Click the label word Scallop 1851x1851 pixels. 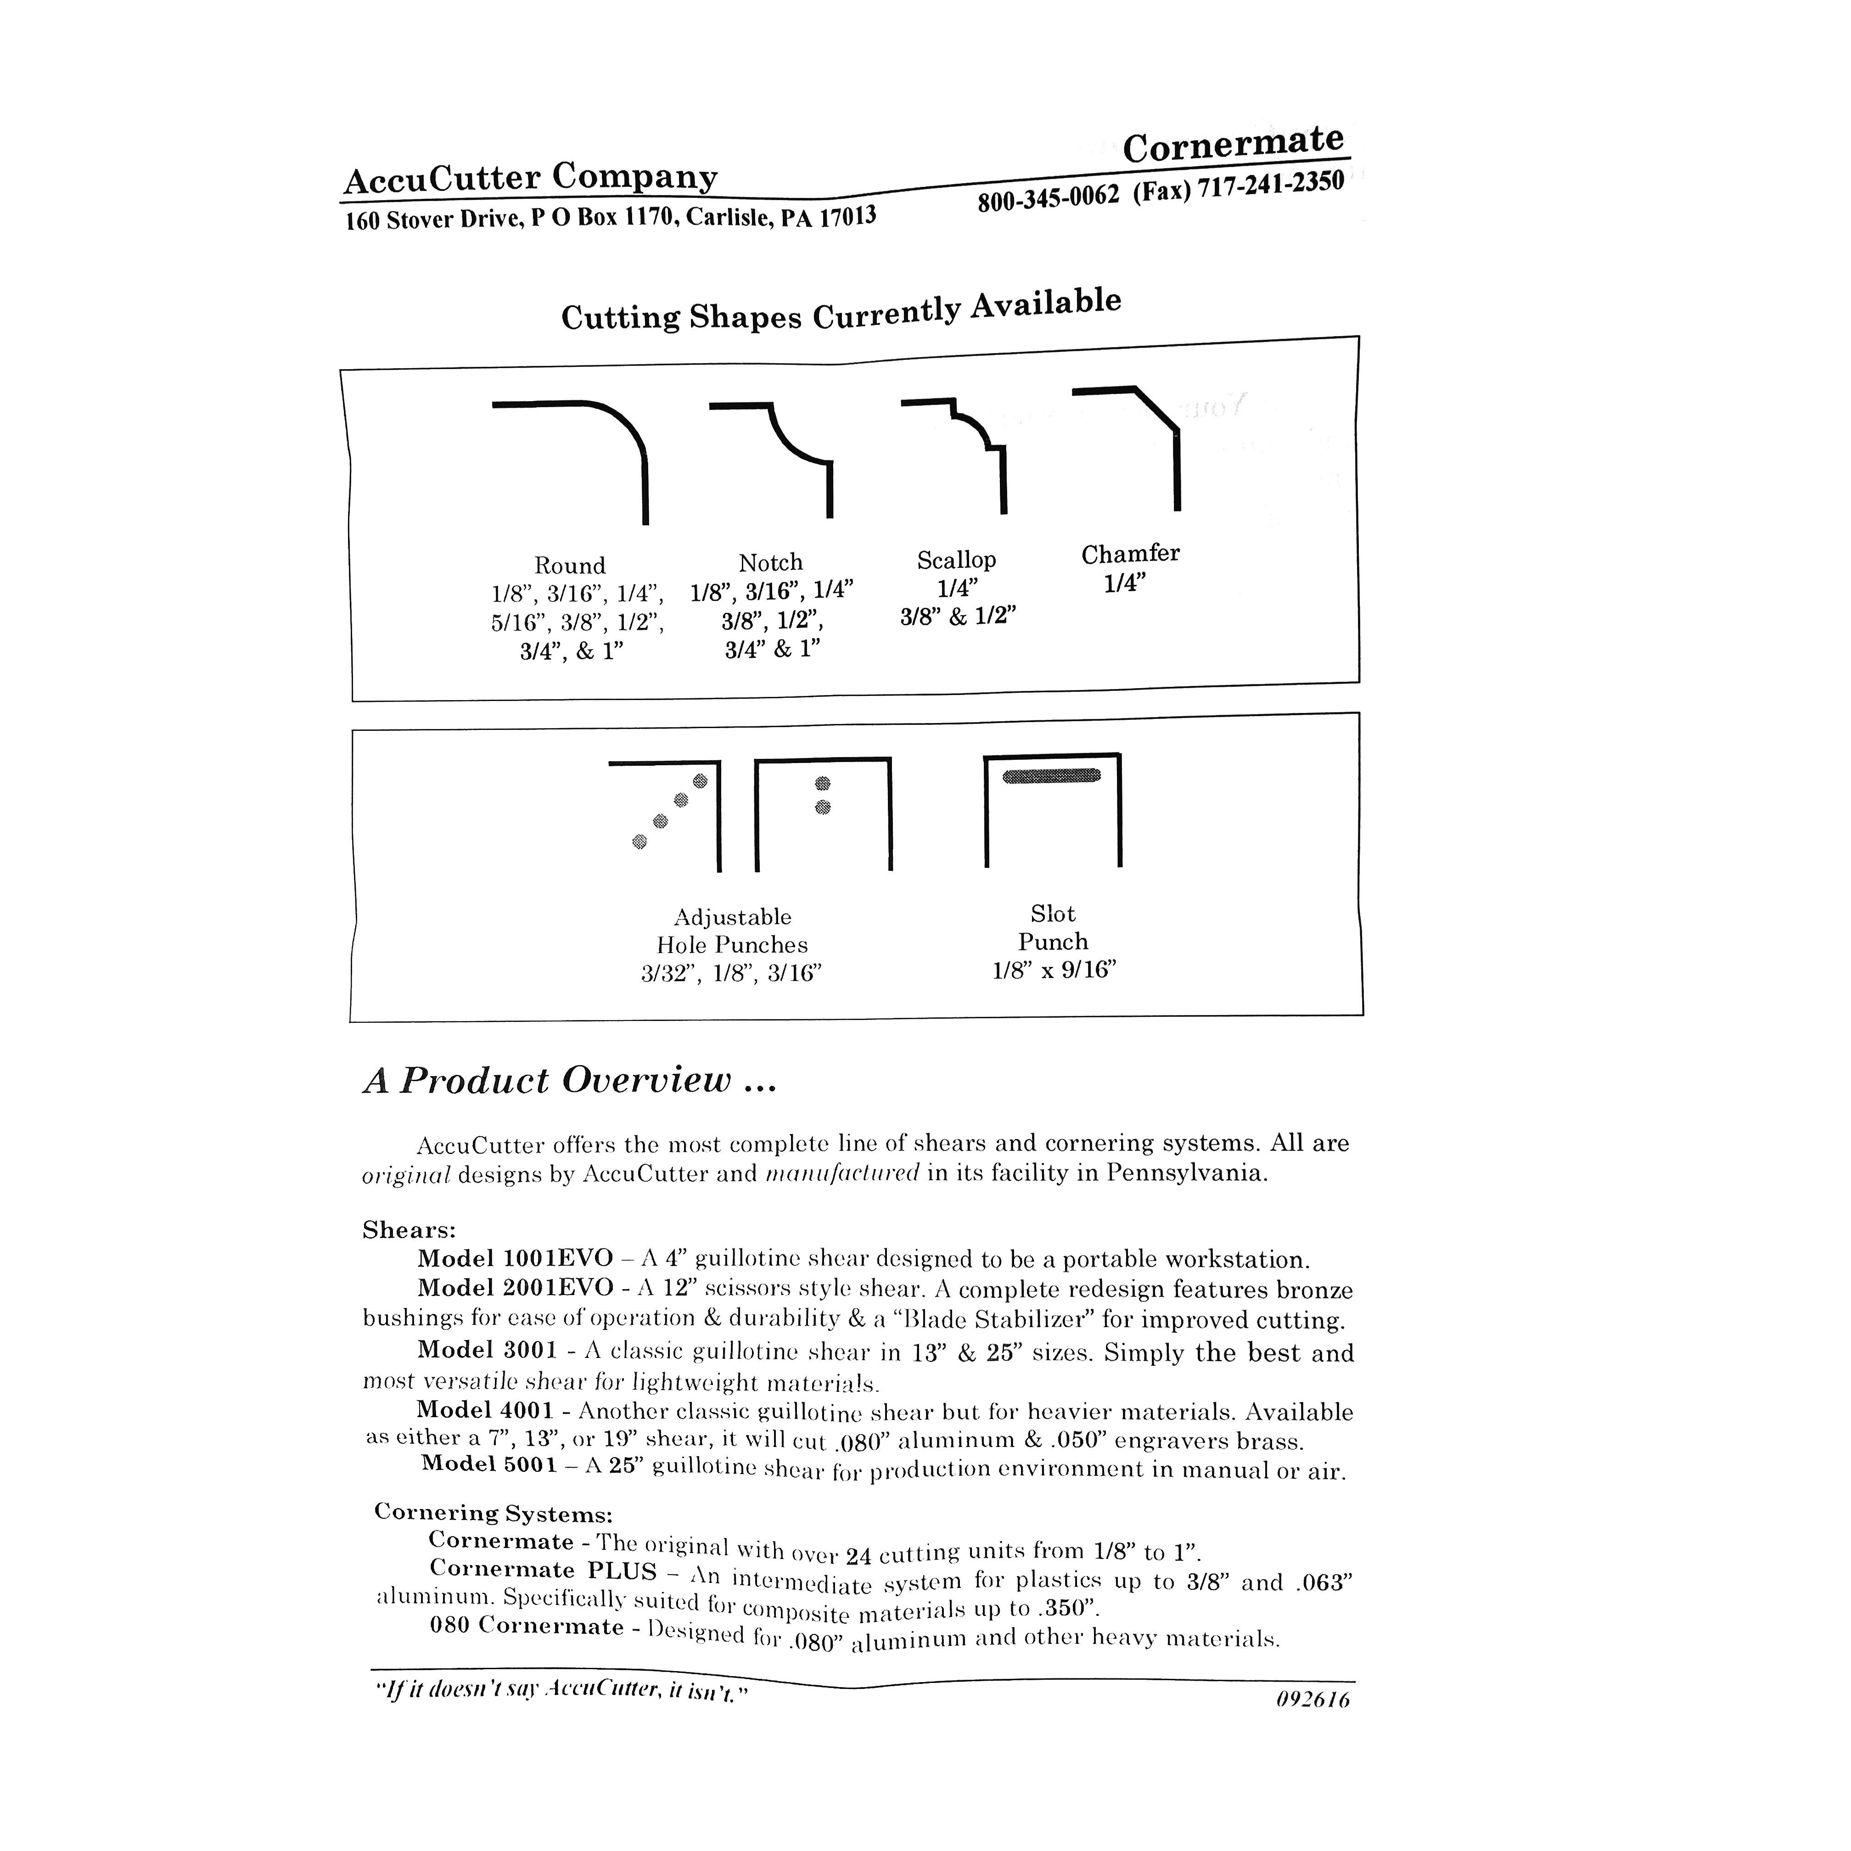point(956,560)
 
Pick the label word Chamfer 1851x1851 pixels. point(1131,554)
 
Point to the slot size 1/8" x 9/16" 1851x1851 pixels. point(1054,970)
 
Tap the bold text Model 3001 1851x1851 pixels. point(487,1350)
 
